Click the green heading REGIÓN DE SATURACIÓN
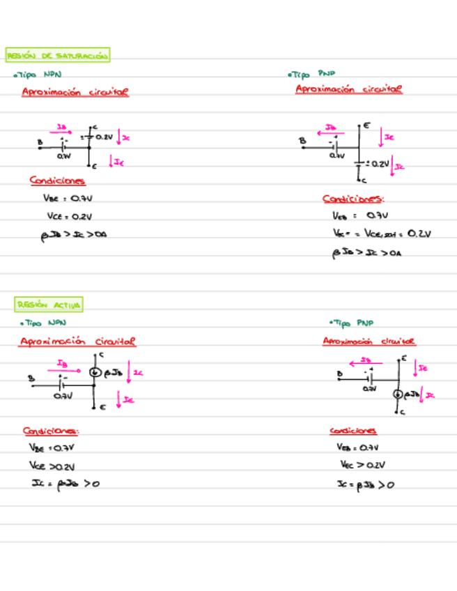pyautogui.click(x=57, y=56)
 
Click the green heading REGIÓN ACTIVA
pyautogui.click(x=49, y=305)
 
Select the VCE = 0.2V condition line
pyautogui.click(x=69, y=216)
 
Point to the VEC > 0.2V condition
pyautogui.click(x=362, y=465)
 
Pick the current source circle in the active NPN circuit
pyautogui.click(x=95, y=372)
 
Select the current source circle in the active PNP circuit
pyautogui.click(x=398, y=395)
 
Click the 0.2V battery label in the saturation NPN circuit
pyautogui.click(x=104, y=137)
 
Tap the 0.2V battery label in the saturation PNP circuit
pyautogui.click(x=379, y=164)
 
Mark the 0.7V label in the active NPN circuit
pyautogui.click(x=63, y=395)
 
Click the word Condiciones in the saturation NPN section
pyautogui.click(x=57, y=181)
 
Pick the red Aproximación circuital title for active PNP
pyautogui.click(x=369, y=341)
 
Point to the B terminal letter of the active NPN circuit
pyautogui.click(x=31, y=378)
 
